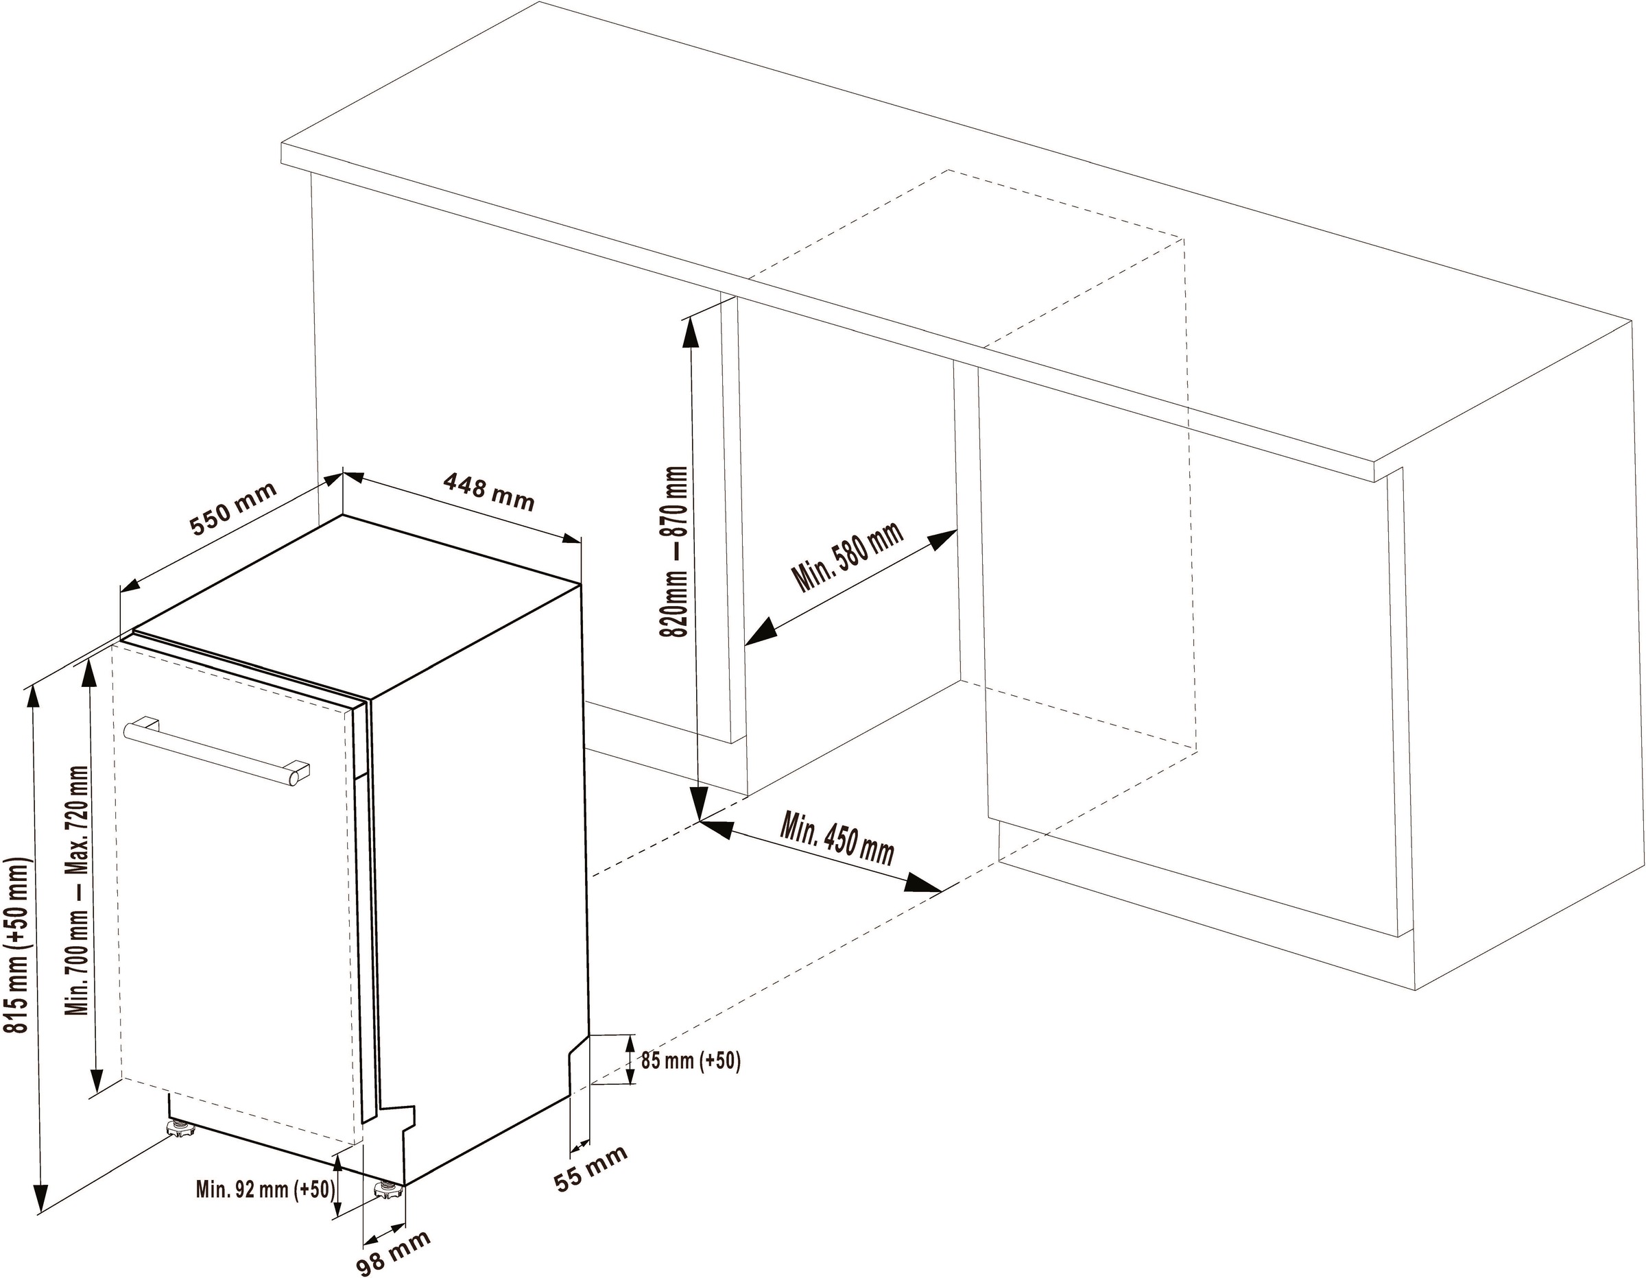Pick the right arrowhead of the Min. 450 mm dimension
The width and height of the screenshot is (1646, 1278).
point(924,884)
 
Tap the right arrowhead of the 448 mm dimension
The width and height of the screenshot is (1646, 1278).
point(570,538)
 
